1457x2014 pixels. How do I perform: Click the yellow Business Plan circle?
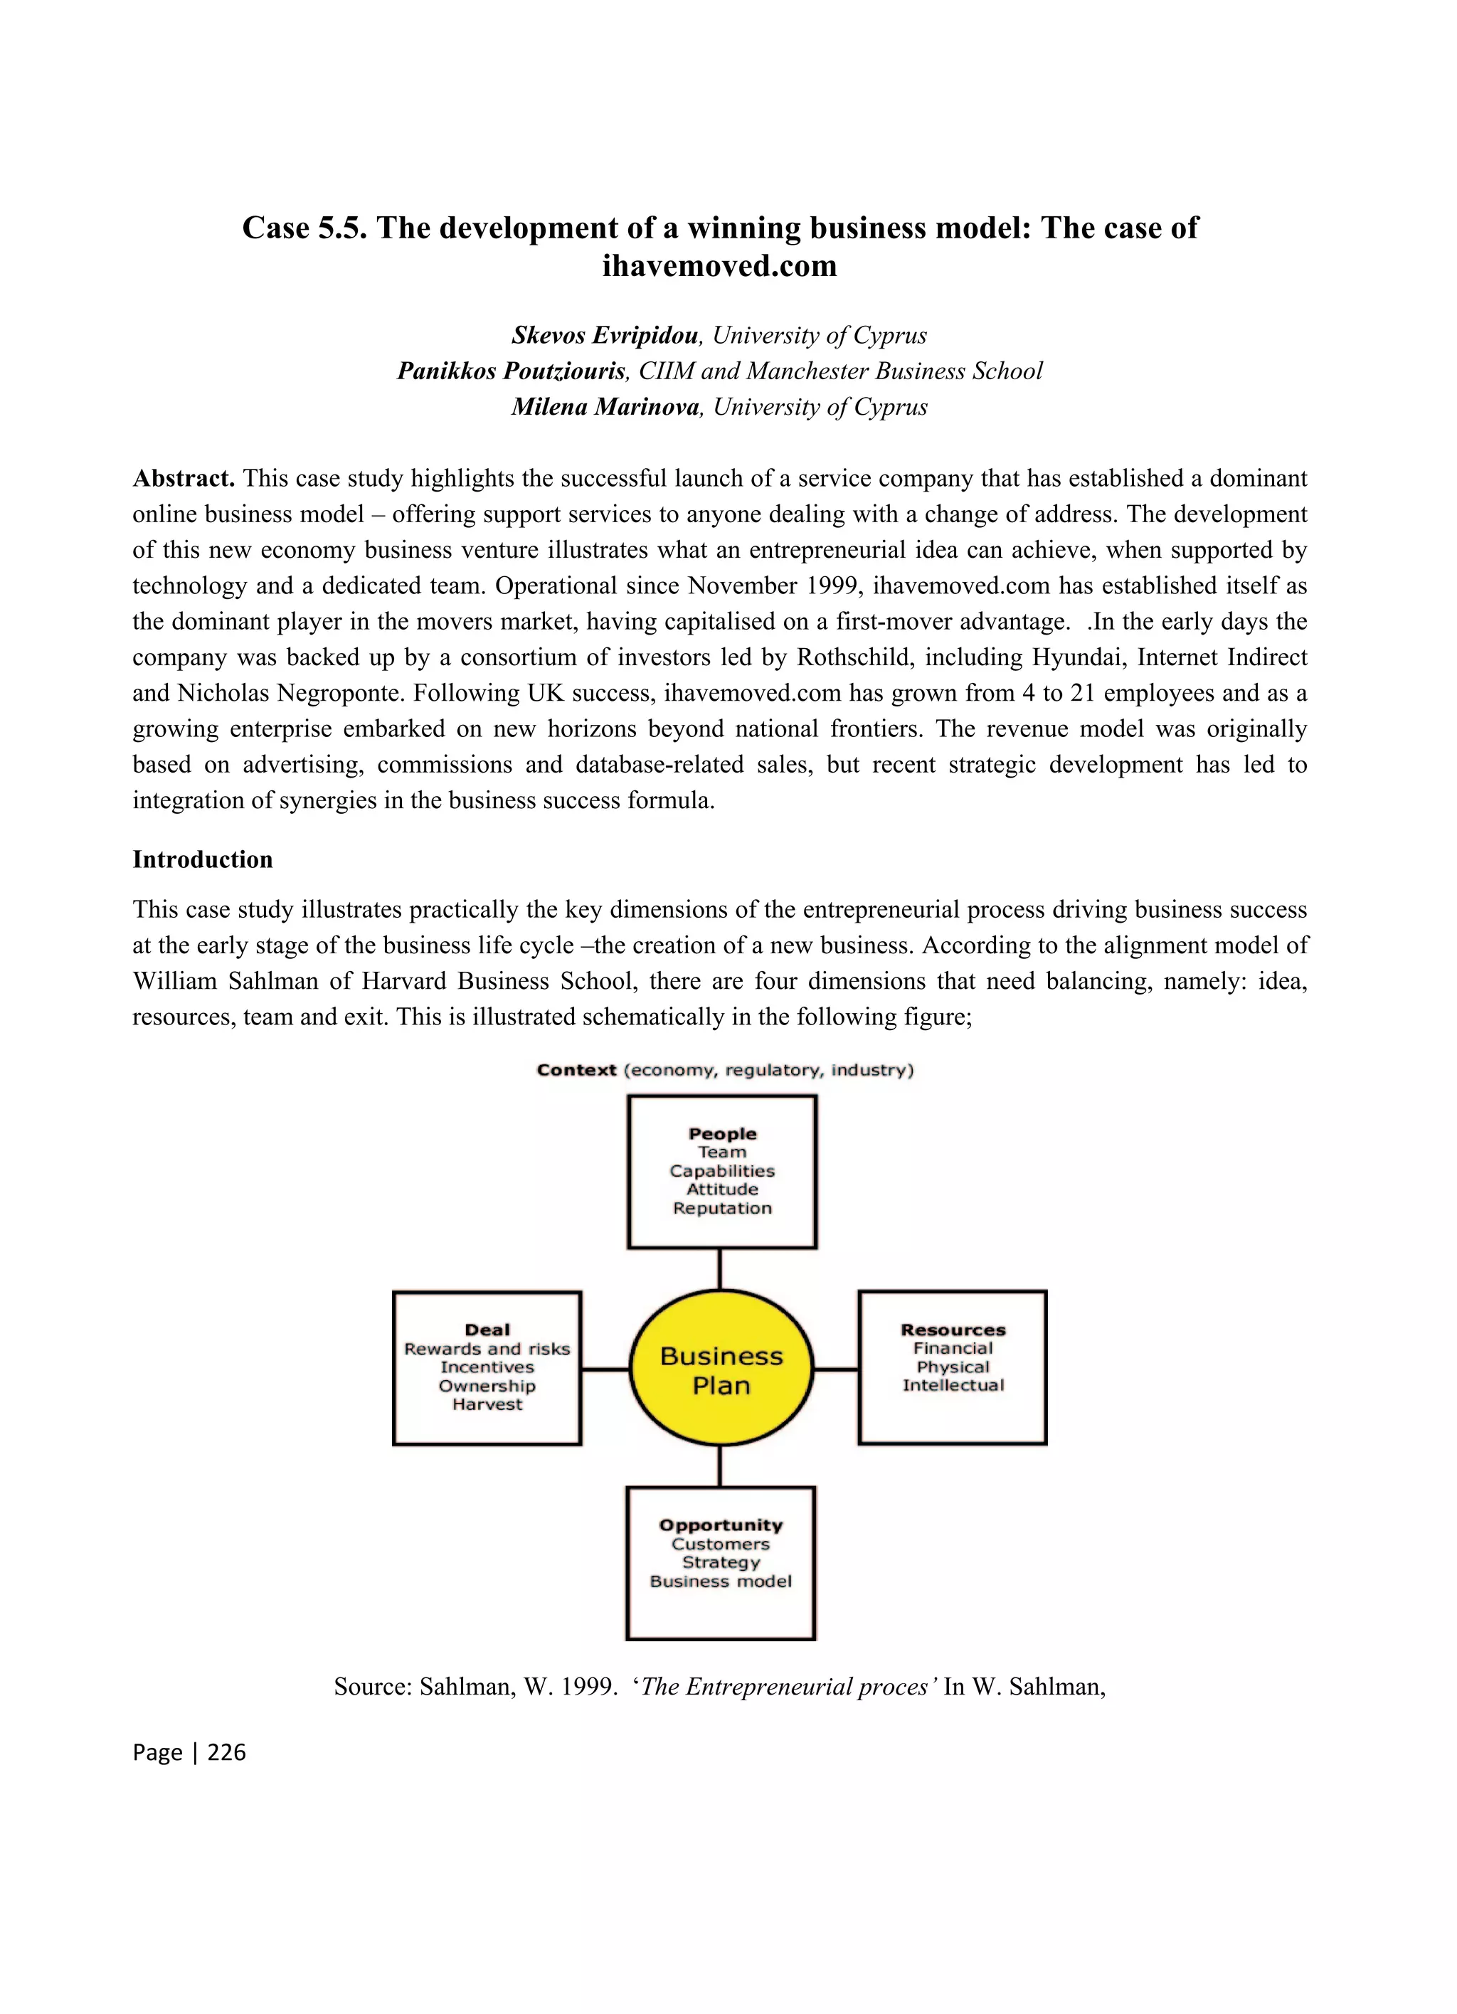pyautogui.click(x=721, y=1369)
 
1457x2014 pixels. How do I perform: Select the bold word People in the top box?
pyautogui.click(x=722, y=1134)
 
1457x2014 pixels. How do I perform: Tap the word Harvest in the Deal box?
pyautogui.click(x=487, y=1404)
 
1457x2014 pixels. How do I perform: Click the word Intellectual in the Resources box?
pyautogui.click(x=953, y=1385)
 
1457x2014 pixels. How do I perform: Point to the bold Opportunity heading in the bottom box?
pyautogui.click(x=720, y=1525)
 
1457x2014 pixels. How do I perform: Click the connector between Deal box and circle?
pyautogui.click(x=605, y=1369)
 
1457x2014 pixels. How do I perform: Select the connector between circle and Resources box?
pyautogui.click(x=835, y=1369)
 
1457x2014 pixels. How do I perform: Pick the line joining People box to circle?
pyautogui.click(x=719, y=1269)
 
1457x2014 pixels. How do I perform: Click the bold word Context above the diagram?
pyautogui.click(x=576, y=1070)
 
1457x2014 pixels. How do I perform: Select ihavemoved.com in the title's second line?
pyautogui.click(x=719, y=265)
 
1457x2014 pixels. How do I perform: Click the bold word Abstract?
pyautogui.click(x=183, y=479)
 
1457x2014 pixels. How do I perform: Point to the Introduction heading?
pyautogui.click(x=203, y=859)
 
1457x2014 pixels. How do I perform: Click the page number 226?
pyautogui.click(x=226, y=1752)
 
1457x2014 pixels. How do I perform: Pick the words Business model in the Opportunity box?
pyautogui.click(x=720, y=1581)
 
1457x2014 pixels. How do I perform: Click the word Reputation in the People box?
pyautogui.click(x=722, y=1209)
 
